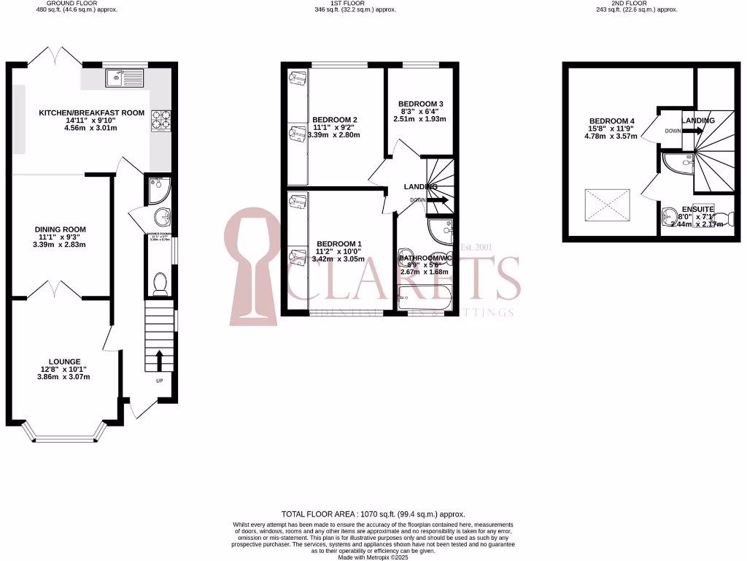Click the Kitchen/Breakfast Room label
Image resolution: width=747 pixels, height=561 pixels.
click(92, 113)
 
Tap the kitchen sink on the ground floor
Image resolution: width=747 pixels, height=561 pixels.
click(125, 78)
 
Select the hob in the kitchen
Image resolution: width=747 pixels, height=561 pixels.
click(160, 120)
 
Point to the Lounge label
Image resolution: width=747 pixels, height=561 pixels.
click(64, 362)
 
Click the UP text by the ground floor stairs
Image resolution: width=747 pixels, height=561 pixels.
click(160, 381)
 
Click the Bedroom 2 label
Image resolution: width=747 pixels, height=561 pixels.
click(334, 120)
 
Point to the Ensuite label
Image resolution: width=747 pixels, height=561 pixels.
click(698, 209)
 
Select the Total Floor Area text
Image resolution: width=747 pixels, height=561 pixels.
click(373, 514)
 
